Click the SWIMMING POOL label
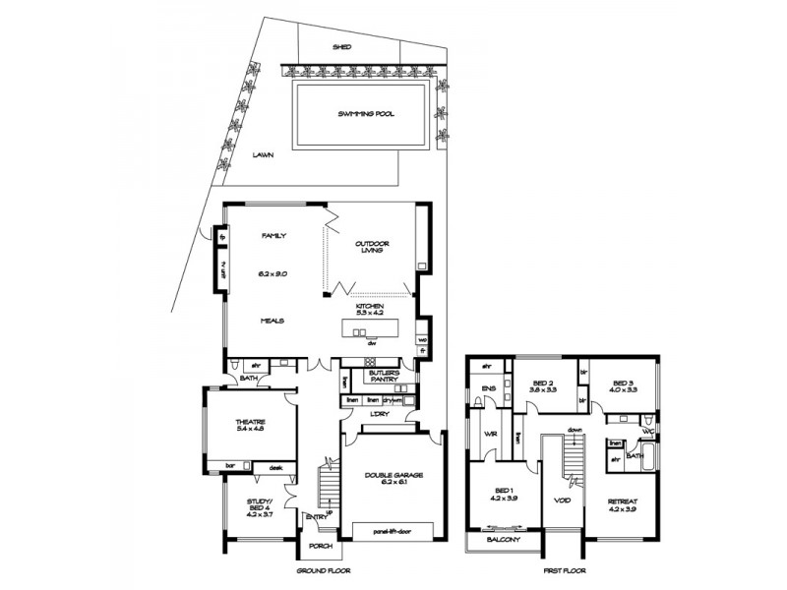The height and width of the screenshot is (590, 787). [366, 114]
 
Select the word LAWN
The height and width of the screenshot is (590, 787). [262, 154]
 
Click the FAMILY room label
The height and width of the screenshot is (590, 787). [272, 236]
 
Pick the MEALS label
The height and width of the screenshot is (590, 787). [272, 321]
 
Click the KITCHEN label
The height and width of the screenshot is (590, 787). [370, 307]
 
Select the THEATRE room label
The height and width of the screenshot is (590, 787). [251, 422]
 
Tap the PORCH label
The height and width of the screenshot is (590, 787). [321, 546]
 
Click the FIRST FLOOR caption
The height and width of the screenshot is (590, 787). [566, 570]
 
